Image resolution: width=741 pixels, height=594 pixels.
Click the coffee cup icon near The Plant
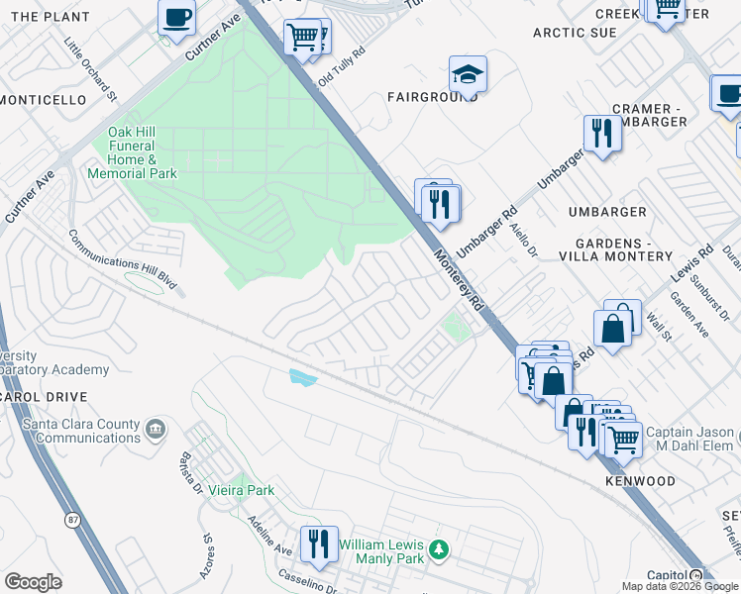tap(176, 17)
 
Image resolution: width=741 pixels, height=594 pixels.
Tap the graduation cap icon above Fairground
tap(468, 73)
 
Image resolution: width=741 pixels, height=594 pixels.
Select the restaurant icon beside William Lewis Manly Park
tap(319, 544)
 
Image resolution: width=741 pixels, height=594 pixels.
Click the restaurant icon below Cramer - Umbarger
tap(602, 133)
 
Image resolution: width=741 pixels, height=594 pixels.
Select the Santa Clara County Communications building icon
tap(156, 429)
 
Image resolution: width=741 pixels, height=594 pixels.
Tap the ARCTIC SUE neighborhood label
tap(575, 33)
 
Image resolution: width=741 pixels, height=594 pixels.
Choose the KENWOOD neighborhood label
tap(640, 481)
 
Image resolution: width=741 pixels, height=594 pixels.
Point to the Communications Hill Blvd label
tap(122, 259)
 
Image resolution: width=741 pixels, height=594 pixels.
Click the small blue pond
tap(302, 376)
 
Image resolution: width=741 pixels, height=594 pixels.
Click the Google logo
tap(33, 582)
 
